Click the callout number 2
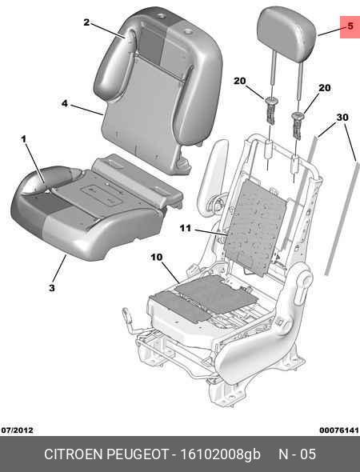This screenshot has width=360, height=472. (86, 22)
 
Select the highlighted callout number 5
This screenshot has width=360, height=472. (350, 26)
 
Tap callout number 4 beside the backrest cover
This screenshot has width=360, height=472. (65, 103)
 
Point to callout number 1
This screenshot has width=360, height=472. (23, 139)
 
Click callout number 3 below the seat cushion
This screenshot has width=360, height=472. (52, 288)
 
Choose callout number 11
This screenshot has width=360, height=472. (186, 229)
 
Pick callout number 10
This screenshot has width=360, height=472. (156, 257)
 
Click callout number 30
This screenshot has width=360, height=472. (342, 117)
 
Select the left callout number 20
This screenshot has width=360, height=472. (239, 81)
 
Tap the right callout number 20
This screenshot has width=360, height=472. (325, 88)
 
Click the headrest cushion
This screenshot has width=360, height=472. (286, 32)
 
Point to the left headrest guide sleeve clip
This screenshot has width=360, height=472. (271, 110)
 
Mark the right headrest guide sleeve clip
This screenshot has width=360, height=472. (297, 126)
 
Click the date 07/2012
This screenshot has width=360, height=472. (17, 430)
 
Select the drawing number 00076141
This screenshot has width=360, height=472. (339, 430)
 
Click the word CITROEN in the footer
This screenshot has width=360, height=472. (74, 454)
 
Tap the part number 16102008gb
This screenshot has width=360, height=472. (220, 454)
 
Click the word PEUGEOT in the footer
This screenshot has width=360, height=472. (138, 454)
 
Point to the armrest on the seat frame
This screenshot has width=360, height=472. (212, 174)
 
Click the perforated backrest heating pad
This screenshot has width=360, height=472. (255, 227)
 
